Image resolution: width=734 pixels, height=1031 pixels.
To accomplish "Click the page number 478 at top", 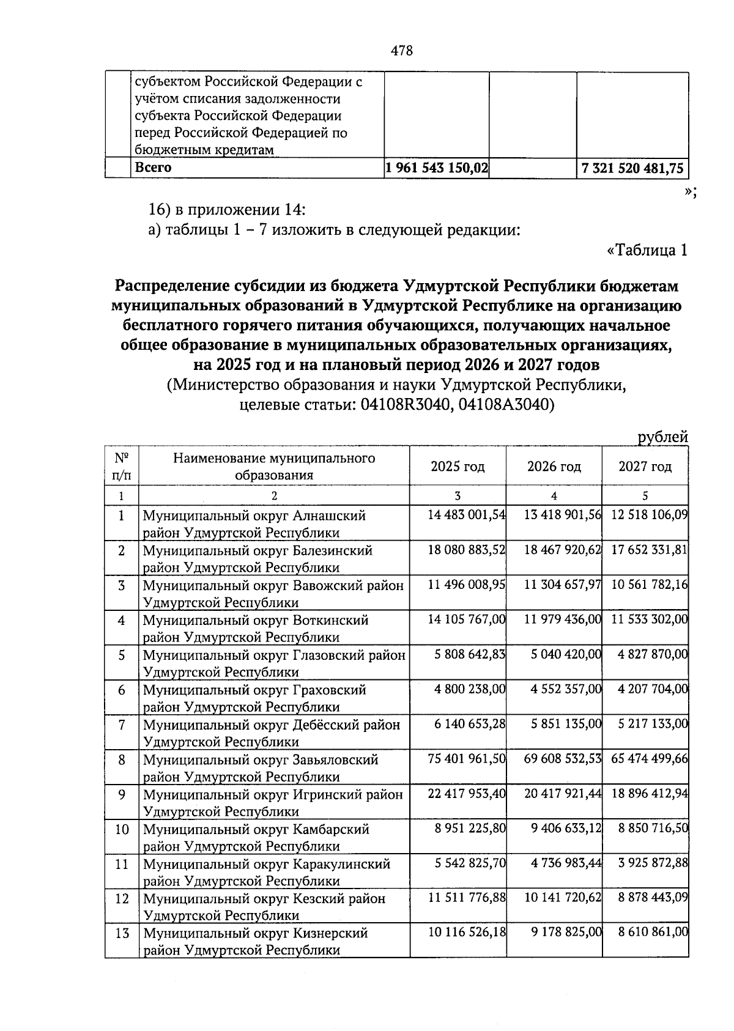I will coord(401,51).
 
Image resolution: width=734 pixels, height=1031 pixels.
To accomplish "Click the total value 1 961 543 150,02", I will coord(437,168).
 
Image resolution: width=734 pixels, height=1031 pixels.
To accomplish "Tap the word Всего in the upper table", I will coord(153,168).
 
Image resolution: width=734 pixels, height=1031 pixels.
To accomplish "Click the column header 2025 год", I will coord(458,467).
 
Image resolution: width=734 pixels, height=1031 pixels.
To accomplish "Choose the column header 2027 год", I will coord(645,467).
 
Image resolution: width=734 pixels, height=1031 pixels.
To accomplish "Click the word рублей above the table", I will coord(662,437).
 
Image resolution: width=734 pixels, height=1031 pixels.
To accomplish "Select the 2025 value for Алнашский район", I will coord(466,515).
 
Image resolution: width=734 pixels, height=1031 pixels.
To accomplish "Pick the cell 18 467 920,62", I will coord(563,550).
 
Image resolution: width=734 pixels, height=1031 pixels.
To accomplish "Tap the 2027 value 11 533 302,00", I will coord(649,620).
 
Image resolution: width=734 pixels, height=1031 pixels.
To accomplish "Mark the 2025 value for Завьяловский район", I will coord(466,759).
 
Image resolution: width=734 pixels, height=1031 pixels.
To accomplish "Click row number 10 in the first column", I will coord(122,830).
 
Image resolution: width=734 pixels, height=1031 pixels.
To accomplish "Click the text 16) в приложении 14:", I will coord(226,210).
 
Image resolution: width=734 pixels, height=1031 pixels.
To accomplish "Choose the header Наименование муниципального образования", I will coord(273,467).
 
